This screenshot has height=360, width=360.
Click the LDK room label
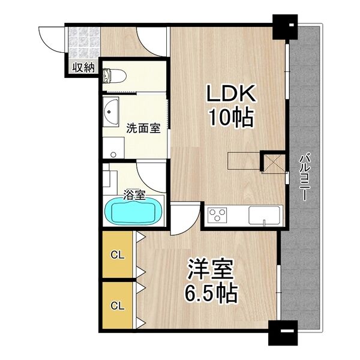[x=232, y=94]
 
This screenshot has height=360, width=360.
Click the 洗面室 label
[x=143, y=128]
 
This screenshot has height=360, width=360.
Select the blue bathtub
[x=134, y=212]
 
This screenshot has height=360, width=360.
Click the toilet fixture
[x=115, y=75]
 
